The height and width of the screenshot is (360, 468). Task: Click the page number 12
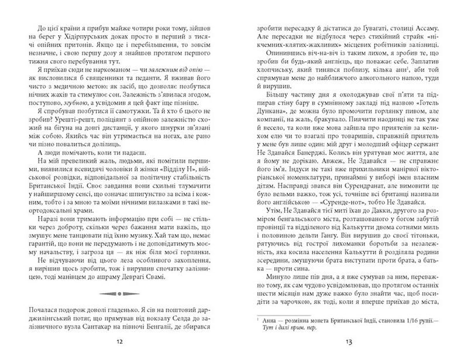pos(119,342)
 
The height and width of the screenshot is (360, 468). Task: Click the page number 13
pos(347,342)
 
